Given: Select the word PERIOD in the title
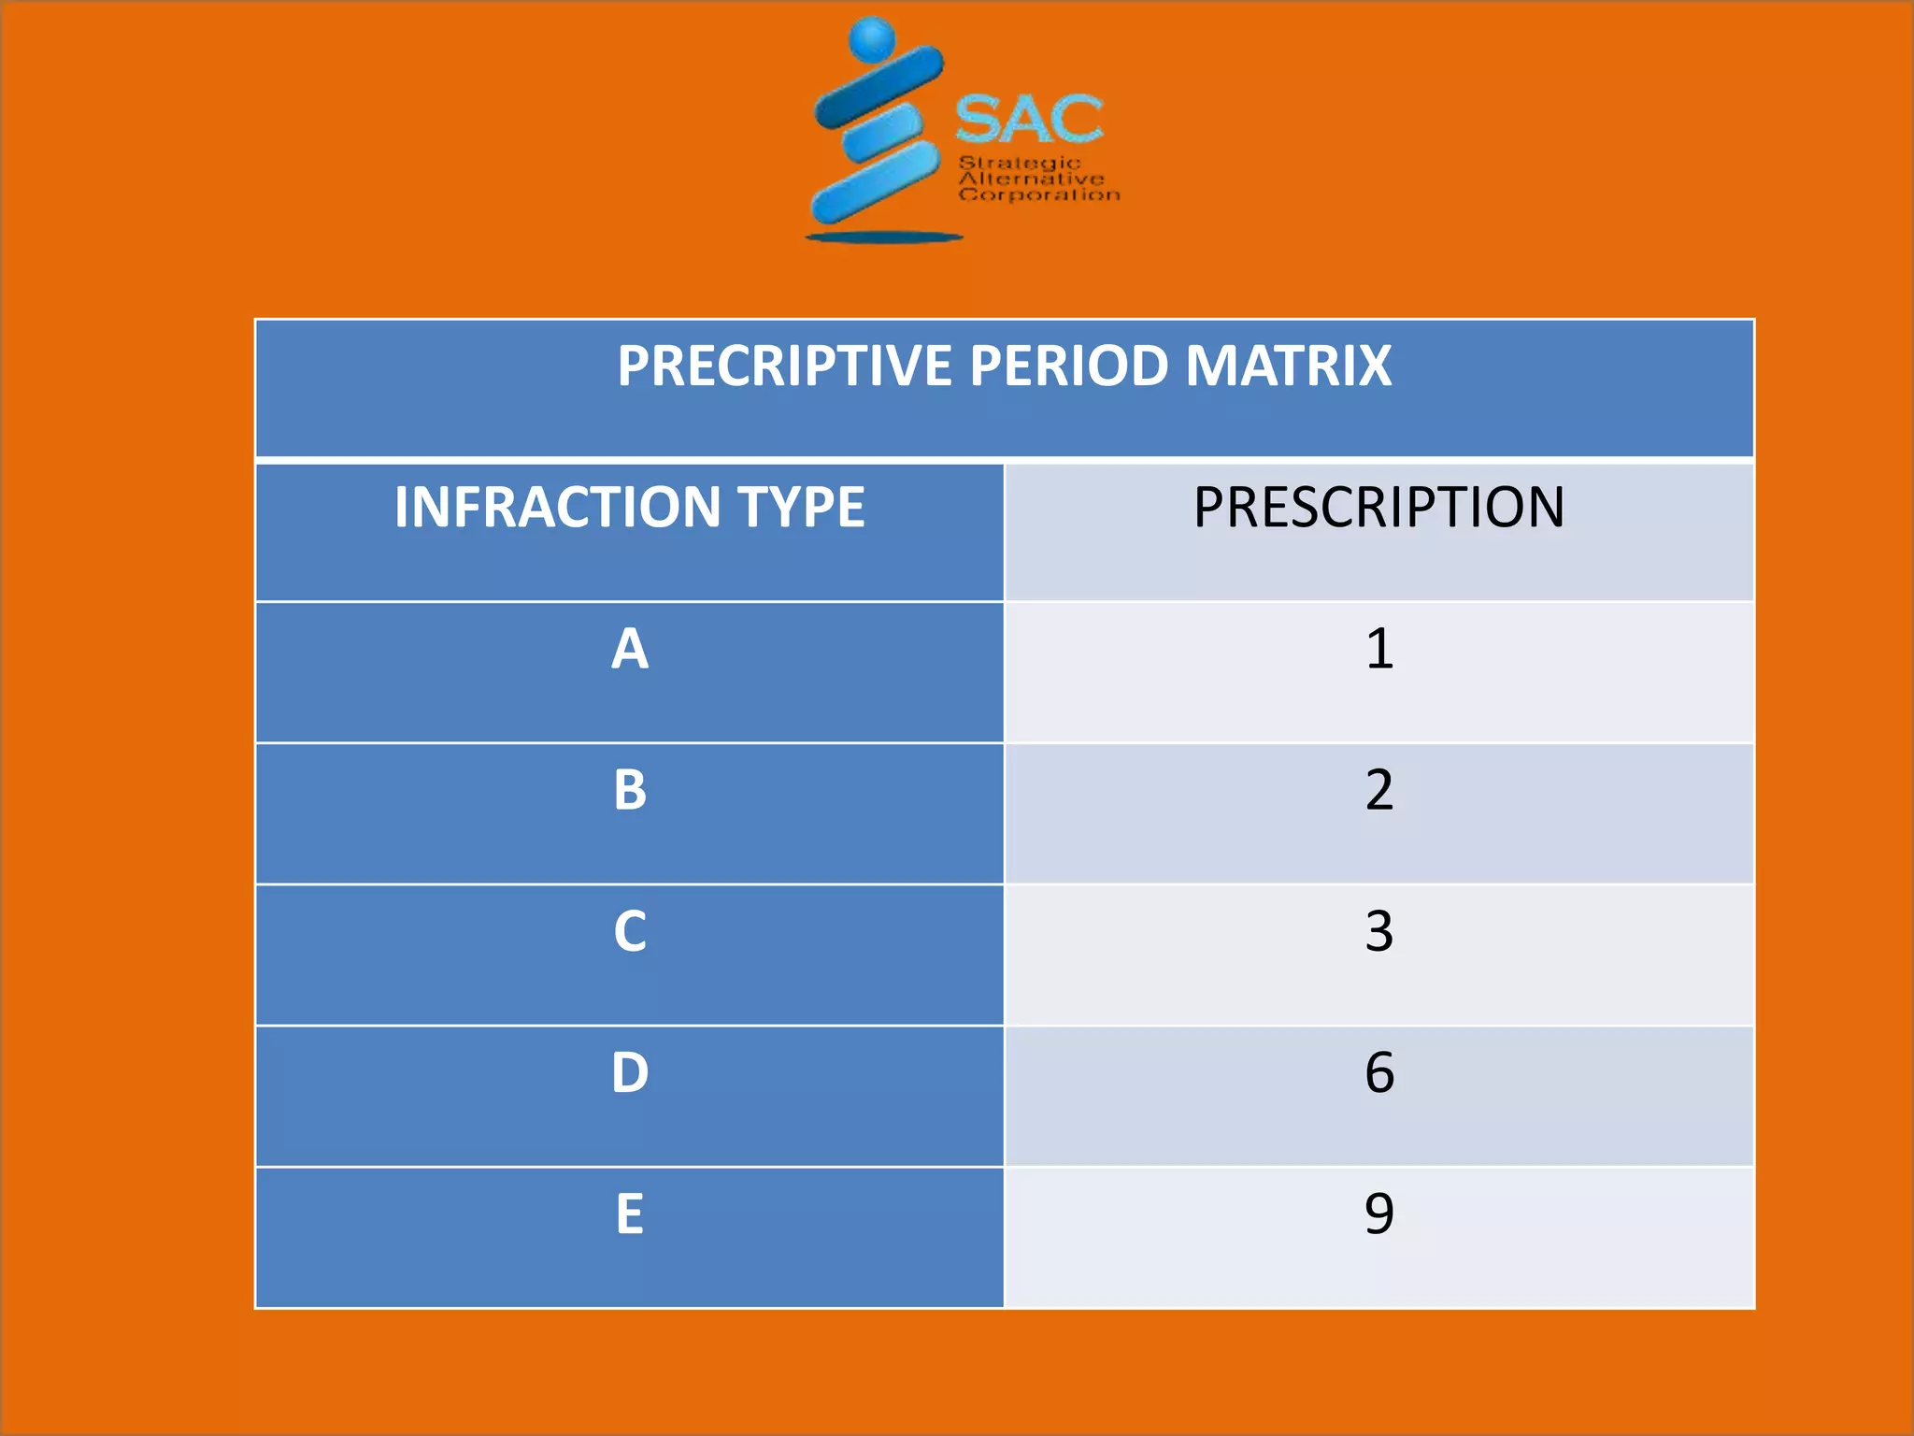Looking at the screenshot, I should coord(1068,366).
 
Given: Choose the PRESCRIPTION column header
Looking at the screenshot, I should coord(1378,508).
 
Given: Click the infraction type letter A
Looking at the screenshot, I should coord(630,649).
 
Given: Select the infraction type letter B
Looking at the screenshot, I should coord(630,790).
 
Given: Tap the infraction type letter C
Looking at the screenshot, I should coord(630,931).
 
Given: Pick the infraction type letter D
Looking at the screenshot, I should coord(630,1072).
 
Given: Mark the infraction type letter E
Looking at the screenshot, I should coord(630,1213).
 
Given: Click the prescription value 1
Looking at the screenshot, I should coord(1379,649).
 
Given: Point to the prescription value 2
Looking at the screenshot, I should coord(1379,790).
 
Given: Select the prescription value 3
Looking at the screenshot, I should coord(1379,931).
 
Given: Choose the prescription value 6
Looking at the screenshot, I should coord(1379,1072).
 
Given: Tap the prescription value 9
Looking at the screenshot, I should coord(1379,1213).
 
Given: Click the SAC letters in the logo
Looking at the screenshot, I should coord(1029,120).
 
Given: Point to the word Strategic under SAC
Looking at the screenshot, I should coord(1020,164).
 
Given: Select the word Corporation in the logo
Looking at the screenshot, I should coord(1039,194).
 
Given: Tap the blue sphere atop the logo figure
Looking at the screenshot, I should coord(873,39).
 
